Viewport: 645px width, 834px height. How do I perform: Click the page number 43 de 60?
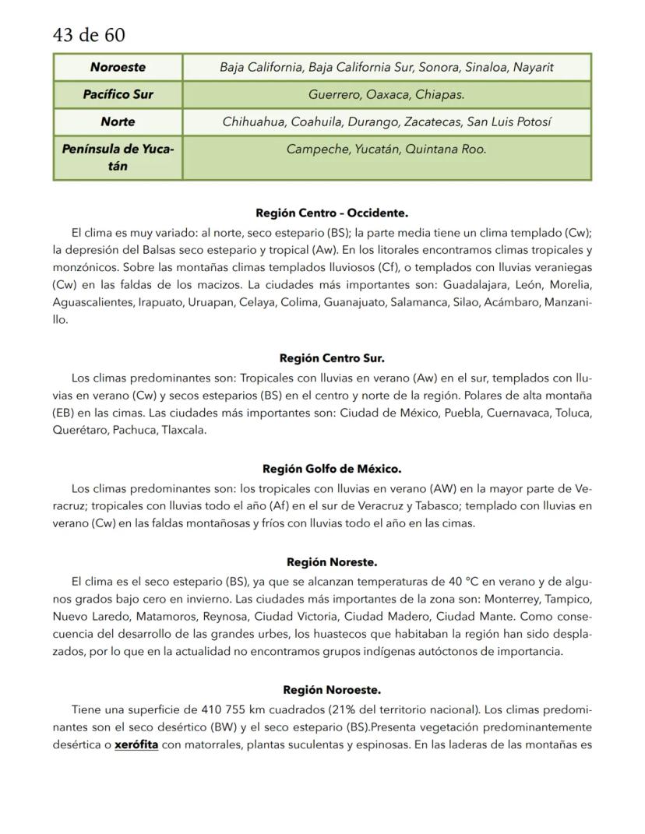[x=89, y=35]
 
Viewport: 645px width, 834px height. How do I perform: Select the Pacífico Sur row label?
[x=118, y=94]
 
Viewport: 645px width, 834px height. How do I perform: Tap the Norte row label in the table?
[x=118, y=121]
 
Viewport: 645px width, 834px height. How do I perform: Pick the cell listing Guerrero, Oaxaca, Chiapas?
[x=386, y=94]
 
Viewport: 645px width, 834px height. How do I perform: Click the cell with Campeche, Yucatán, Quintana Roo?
[x=386, y=149]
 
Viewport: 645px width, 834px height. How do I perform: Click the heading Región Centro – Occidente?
[x=332, y=213]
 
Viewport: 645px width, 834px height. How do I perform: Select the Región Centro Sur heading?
[x=332, y=358]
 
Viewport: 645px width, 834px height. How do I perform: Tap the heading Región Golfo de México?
[x=332, y=469]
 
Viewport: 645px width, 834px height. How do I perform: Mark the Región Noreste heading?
[x=332, y=561]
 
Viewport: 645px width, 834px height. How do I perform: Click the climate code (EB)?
[x=66, y=412]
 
